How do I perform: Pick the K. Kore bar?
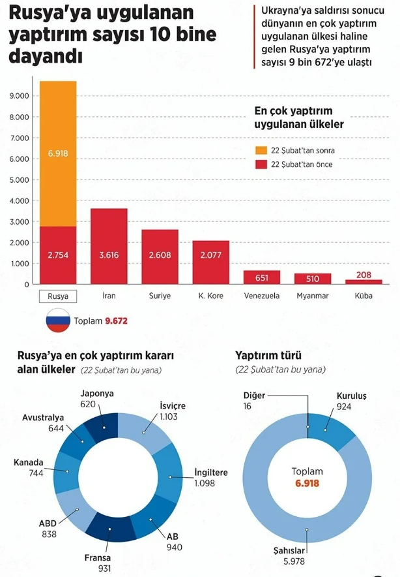point(210,262)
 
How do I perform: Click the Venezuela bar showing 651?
point(261,277)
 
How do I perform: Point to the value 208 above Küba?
point(364,275)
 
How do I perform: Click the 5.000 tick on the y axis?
point(20,179)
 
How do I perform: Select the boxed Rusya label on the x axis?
point(58,296)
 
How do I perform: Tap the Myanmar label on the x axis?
point(312,296)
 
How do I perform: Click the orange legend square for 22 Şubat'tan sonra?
point(261,150)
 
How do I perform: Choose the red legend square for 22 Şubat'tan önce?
point(261,164)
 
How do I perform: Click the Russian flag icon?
point(58,320)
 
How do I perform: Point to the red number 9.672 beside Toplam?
point(118,321)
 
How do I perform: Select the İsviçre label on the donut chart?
point(173,405)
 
